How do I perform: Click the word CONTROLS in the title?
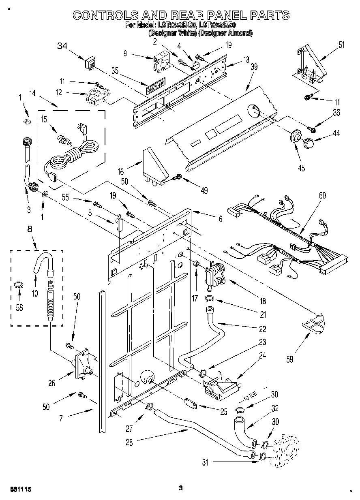[x=104, y=15]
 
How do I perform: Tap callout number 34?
[x=62, y=46]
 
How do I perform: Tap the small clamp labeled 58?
[x=18, y=285]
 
